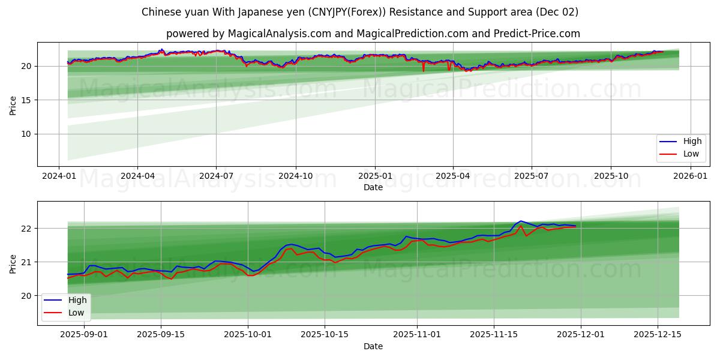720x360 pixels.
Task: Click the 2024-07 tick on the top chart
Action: [x=216, y=176]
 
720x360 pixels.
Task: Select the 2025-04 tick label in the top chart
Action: [x=452, y=176]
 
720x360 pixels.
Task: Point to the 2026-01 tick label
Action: [x=690, y=176]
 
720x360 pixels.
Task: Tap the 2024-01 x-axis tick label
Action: [x=58, y=176]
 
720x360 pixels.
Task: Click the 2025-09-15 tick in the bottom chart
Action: [x=161, y=335]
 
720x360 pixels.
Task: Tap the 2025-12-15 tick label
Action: [x=658, y=335]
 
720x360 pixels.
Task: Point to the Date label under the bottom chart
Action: [x=373, y=346]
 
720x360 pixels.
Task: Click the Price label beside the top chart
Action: [x=13, y=105]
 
